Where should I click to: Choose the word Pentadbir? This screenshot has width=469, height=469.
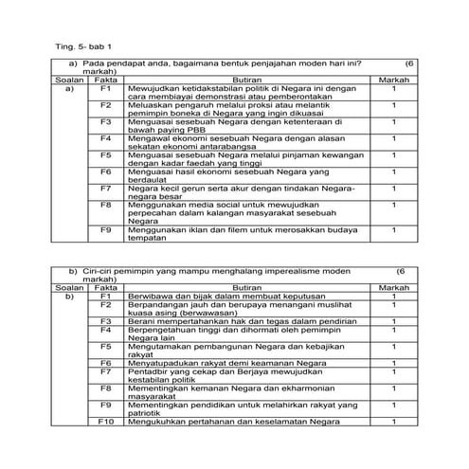(x=150, y=370)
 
